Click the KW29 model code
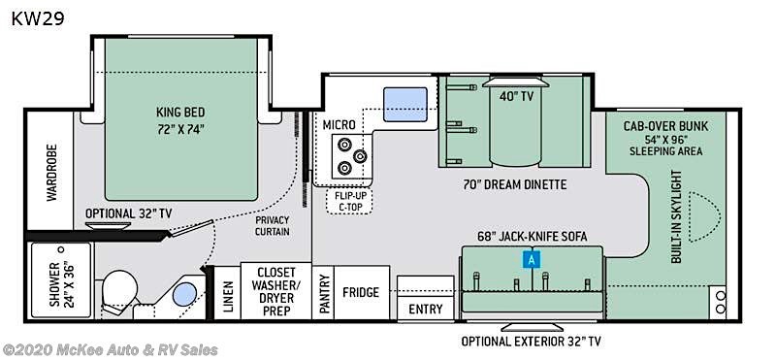coord(38,18)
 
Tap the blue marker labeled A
coord(532,259)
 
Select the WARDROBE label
coord(52,173)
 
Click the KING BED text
coord(180,112)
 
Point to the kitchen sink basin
coord(405,105)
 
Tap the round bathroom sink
coord(184,296)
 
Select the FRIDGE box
coord(362,292)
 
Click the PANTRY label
coord(324,293)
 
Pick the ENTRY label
coord(426,309)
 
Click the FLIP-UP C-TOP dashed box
coord(349,201)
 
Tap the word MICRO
coord(339,125)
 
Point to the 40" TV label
coord(516,97)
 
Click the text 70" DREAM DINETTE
coord(515,185)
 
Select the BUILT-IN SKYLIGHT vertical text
coord(676,216)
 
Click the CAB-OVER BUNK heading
coord(665,126)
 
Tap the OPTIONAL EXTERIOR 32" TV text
coord(532,342)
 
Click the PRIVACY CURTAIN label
coord(273,226)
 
